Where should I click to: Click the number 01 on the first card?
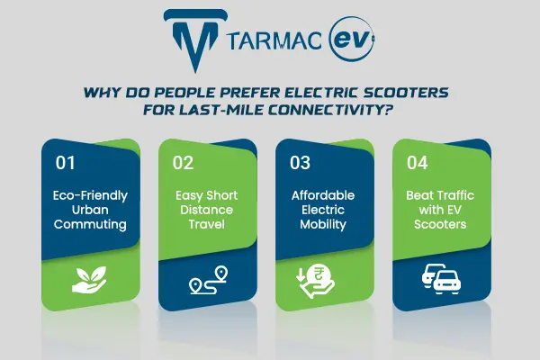pos(67,164)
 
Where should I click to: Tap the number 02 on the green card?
pos(184,164)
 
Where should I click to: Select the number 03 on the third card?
pos(300,164)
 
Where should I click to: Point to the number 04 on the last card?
pos(418,164)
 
